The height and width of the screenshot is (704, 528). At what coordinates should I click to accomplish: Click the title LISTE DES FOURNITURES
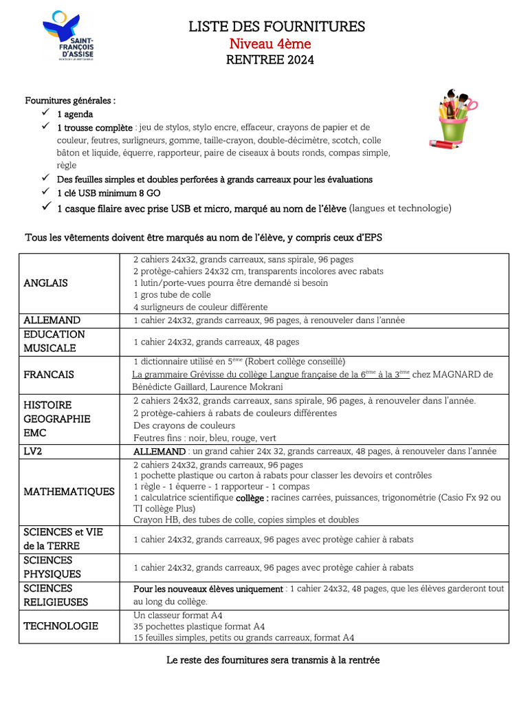point(277,27)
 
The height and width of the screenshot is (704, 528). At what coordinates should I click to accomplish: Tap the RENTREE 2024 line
point(269,60)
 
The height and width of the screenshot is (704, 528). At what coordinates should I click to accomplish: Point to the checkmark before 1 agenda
point(45,113)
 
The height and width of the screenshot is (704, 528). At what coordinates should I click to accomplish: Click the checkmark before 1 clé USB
point(45,192)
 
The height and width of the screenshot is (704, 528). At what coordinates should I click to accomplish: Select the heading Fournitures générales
point(70,100)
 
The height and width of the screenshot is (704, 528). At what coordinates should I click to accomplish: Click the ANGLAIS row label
point(45,283)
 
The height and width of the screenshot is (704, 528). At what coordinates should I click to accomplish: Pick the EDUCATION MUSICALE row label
point(54,341)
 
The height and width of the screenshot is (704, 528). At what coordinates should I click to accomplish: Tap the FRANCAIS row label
point(49,375)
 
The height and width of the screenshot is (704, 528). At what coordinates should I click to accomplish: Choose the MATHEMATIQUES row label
point(69,492)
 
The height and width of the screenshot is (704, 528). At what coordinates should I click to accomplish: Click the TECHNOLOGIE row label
point(60,626)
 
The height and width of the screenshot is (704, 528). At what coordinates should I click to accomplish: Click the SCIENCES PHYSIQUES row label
point(52,567)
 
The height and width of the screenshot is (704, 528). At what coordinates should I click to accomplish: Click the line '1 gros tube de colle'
point(172,295)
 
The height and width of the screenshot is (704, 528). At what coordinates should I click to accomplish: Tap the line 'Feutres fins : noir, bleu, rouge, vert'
point(205,437)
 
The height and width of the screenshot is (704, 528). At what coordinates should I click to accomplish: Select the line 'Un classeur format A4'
point(178,615)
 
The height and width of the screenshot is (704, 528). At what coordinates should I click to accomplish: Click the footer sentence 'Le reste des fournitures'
point(273,660)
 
